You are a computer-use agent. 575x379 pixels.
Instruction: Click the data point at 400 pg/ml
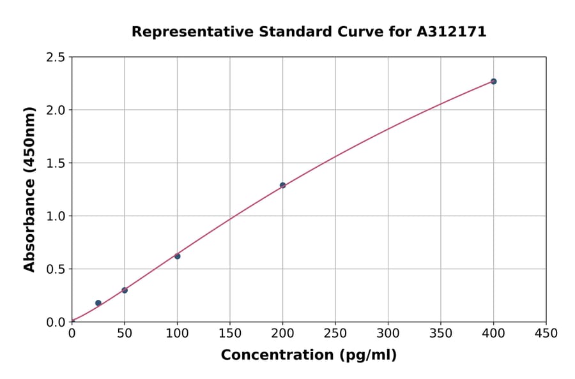tap(493, 81)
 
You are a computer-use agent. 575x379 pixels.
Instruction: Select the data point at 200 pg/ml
tap(282, 185)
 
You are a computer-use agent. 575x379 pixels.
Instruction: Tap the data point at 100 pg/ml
tap(177, 256)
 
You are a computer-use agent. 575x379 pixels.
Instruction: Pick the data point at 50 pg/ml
tap(125, 290)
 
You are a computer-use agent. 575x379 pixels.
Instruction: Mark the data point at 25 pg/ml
tap(98, 303)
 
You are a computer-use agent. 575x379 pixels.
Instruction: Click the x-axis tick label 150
tap(230, 333)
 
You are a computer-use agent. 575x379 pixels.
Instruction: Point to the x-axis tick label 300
tap(388, 333)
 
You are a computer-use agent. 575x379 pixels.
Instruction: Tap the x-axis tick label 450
tap(546, 333)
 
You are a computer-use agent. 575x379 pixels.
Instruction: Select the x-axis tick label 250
tap(335, 333)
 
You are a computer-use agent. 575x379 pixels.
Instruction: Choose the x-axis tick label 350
tap(441, 333)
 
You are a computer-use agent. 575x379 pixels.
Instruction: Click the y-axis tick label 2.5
tap(56, 57)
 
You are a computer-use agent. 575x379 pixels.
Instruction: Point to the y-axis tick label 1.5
tap(56, 163)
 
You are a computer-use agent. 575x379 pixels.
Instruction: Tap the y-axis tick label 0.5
tap(56, 269)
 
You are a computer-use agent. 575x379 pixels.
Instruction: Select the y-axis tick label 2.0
tap(56, 110)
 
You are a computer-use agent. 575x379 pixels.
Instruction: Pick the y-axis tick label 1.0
tap(56, 216)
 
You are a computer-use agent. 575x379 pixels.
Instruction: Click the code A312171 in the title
tap(452, 32)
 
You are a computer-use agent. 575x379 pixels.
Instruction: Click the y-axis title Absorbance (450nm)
tap(29, 189)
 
